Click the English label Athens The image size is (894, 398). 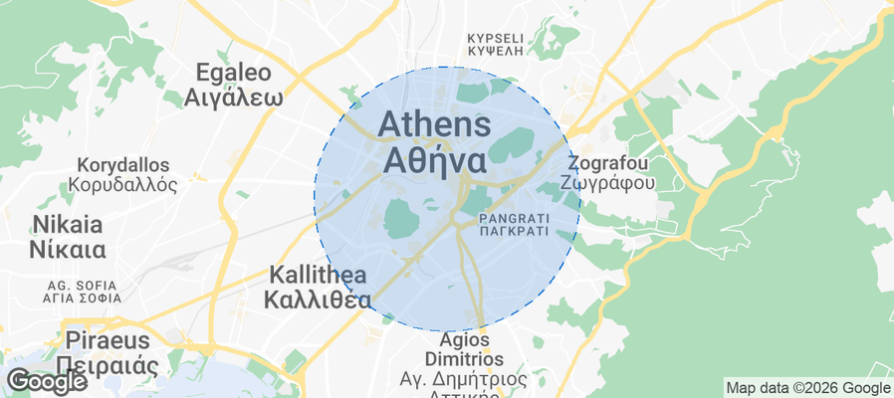coord(434,124)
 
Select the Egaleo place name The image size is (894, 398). coord(233,73)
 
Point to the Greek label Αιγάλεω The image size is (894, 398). coord(233,98)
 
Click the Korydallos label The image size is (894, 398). coord(123,164)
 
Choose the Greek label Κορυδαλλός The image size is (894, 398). coord(123,185)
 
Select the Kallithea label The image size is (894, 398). coord(320,275)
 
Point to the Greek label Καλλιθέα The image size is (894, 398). coord(320,299)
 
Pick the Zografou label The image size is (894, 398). coord(607,162)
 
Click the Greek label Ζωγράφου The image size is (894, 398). coord(607,183)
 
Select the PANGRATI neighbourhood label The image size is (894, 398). coord(513,217)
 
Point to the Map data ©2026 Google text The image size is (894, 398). coord(807,388)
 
